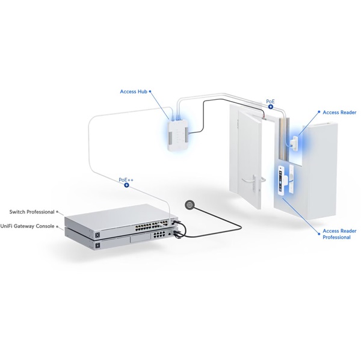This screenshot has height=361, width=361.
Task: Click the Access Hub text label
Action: pos(134,91)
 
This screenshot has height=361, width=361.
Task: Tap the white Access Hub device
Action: pos(179,136)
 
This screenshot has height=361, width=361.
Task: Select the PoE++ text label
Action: pos(126,180)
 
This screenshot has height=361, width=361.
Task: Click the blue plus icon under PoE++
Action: pos(126,185)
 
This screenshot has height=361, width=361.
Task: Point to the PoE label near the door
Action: pos(270,101)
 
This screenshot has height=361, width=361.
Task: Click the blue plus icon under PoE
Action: pos(271,106)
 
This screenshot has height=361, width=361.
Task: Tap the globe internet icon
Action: pos(190,205)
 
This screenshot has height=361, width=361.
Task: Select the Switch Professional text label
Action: pos(32,212)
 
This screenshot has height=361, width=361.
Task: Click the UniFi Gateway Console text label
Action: pos(27,226)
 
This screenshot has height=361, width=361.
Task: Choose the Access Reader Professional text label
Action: pos(339,234)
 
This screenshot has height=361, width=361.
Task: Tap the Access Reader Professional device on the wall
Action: pos(282,180)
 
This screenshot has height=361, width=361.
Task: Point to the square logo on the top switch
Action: pos(97,235)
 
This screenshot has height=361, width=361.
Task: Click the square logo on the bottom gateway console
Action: pos(97,245)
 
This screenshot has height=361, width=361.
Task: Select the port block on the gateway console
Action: pos(159,235)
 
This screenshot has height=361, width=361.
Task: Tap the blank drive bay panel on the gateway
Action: pos(140,239)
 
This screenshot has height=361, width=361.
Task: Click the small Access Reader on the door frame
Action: pos(294,143)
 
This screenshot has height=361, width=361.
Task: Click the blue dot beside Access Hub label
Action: pos(150,91)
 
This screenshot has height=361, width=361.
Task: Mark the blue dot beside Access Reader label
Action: pos(319,112)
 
